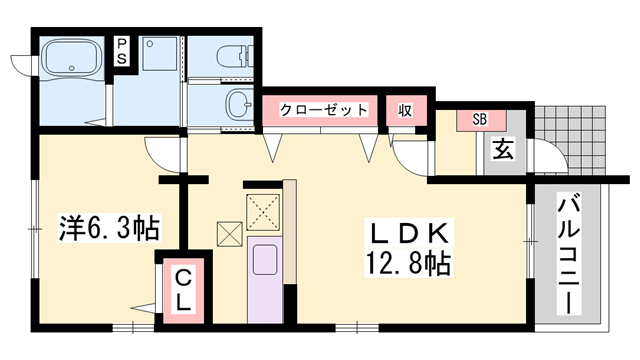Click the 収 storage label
pos(407,110)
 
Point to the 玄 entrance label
pos(502,153)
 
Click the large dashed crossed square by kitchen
pos(265,210)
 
